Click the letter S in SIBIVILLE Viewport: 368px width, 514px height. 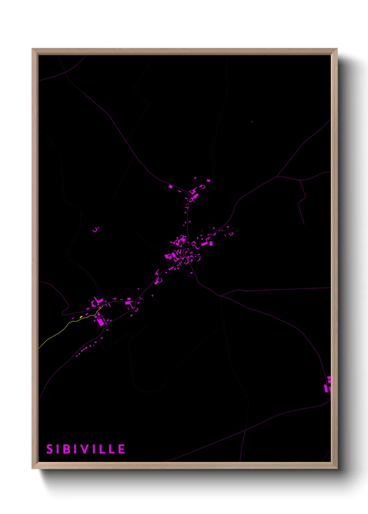pyautogui.click(x=49, y=449)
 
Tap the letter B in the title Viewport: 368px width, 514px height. pyautogui.click(x=68, y=449)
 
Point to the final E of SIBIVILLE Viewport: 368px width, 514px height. pyautogui.click(x=121, y=449)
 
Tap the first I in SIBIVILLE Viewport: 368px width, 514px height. pyautogui.click(x=59, y=449)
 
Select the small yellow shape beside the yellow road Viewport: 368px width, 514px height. pyautogui.click(x=81, y=317)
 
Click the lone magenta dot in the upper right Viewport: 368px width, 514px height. pyautogui.click(x=252, y=122)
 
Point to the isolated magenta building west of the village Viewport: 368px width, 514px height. pyautogui.click(x=95, y=229)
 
